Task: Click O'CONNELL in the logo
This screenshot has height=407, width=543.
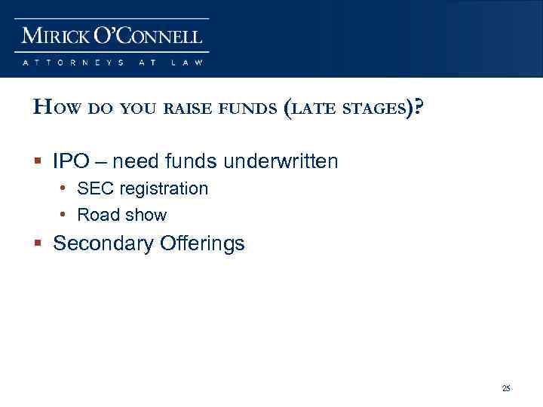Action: click(x=155, y=35)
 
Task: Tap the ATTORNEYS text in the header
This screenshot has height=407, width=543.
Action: click(x=73, y=63)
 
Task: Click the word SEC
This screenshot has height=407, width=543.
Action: click(x=94, y=188)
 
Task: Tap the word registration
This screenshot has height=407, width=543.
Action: click(x=162, y=189)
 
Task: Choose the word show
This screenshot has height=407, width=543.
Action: click(x=146, y=215)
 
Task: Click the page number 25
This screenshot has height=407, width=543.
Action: click(x=506, y=388)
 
